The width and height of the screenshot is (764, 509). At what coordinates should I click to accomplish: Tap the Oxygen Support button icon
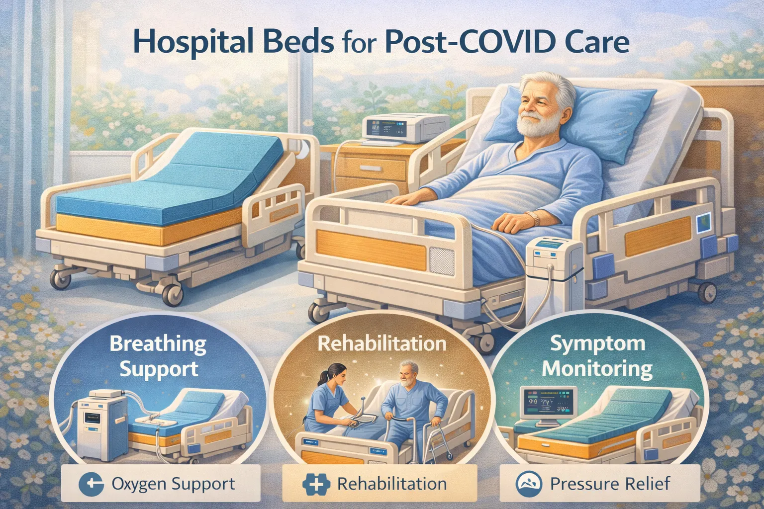(x=92, y=483)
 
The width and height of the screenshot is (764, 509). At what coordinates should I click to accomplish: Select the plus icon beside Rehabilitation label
(x=316, y=484)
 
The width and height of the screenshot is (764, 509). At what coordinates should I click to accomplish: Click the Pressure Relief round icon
(x=529, y=484)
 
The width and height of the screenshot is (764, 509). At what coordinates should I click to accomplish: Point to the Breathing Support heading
(x=158, y=356)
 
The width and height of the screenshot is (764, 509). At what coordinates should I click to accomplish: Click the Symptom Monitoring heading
(x=597, y=356)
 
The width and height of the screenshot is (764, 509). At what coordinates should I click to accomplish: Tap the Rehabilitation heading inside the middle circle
(x=382, y=343)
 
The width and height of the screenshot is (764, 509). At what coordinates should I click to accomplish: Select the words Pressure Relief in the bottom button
(x=610, y=484)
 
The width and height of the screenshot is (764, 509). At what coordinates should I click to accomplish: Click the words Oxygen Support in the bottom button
(x=173, y=484)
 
